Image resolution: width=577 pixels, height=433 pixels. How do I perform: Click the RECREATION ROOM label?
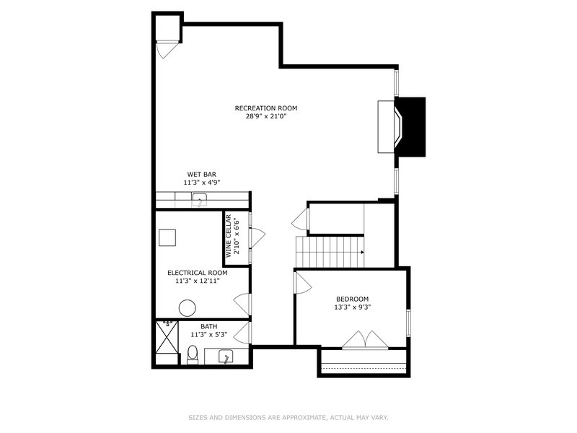265,108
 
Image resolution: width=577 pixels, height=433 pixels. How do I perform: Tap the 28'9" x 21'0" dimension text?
265,117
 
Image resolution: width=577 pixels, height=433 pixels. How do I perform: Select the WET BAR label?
201,174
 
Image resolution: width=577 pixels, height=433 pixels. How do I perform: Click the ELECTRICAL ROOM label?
197,273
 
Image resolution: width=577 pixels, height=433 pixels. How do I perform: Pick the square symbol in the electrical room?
167,237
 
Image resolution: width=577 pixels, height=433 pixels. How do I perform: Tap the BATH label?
208,326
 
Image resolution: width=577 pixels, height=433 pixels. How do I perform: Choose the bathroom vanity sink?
224,357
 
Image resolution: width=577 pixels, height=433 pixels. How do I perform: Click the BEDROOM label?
352,299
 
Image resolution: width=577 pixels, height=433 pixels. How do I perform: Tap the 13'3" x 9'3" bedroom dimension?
352,307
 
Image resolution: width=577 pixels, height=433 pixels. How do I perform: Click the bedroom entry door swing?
302,283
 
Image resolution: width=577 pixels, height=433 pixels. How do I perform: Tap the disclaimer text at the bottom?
288,417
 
